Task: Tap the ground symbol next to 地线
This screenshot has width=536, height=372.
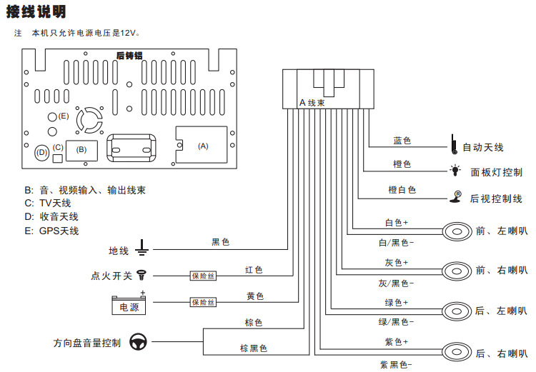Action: [x=142, y=249]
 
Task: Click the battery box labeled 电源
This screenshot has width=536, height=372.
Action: [x=129, y=305]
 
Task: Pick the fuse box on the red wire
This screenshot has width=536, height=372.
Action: [x=202, y=275]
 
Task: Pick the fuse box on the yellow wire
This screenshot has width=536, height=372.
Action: [x=202, y=302]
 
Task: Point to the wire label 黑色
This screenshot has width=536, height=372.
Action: [x=221, y=242]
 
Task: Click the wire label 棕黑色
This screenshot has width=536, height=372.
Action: [x=253, y=348]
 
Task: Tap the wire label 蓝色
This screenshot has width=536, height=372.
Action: [x=402, y=141]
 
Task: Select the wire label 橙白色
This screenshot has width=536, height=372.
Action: [x=402, y=190]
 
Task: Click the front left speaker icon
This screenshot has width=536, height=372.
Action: [x=455, y=231]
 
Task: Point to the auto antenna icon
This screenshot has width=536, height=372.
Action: [x=453, y=145]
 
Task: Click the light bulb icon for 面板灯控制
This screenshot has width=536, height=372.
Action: [x=455, y=171]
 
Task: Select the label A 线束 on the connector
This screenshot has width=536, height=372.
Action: [x=313, y=104]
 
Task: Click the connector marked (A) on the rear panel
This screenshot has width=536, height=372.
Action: [x=202, y=146]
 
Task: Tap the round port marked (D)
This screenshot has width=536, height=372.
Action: [x=41, y=152]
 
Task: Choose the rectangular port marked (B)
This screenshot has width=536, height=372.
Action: [x=81, y=149]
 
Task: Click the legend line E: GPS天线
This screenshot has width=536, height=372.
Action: [x=51, y=231]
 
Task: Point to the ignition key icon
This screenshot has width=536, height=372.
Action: [x=142, y=274]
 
